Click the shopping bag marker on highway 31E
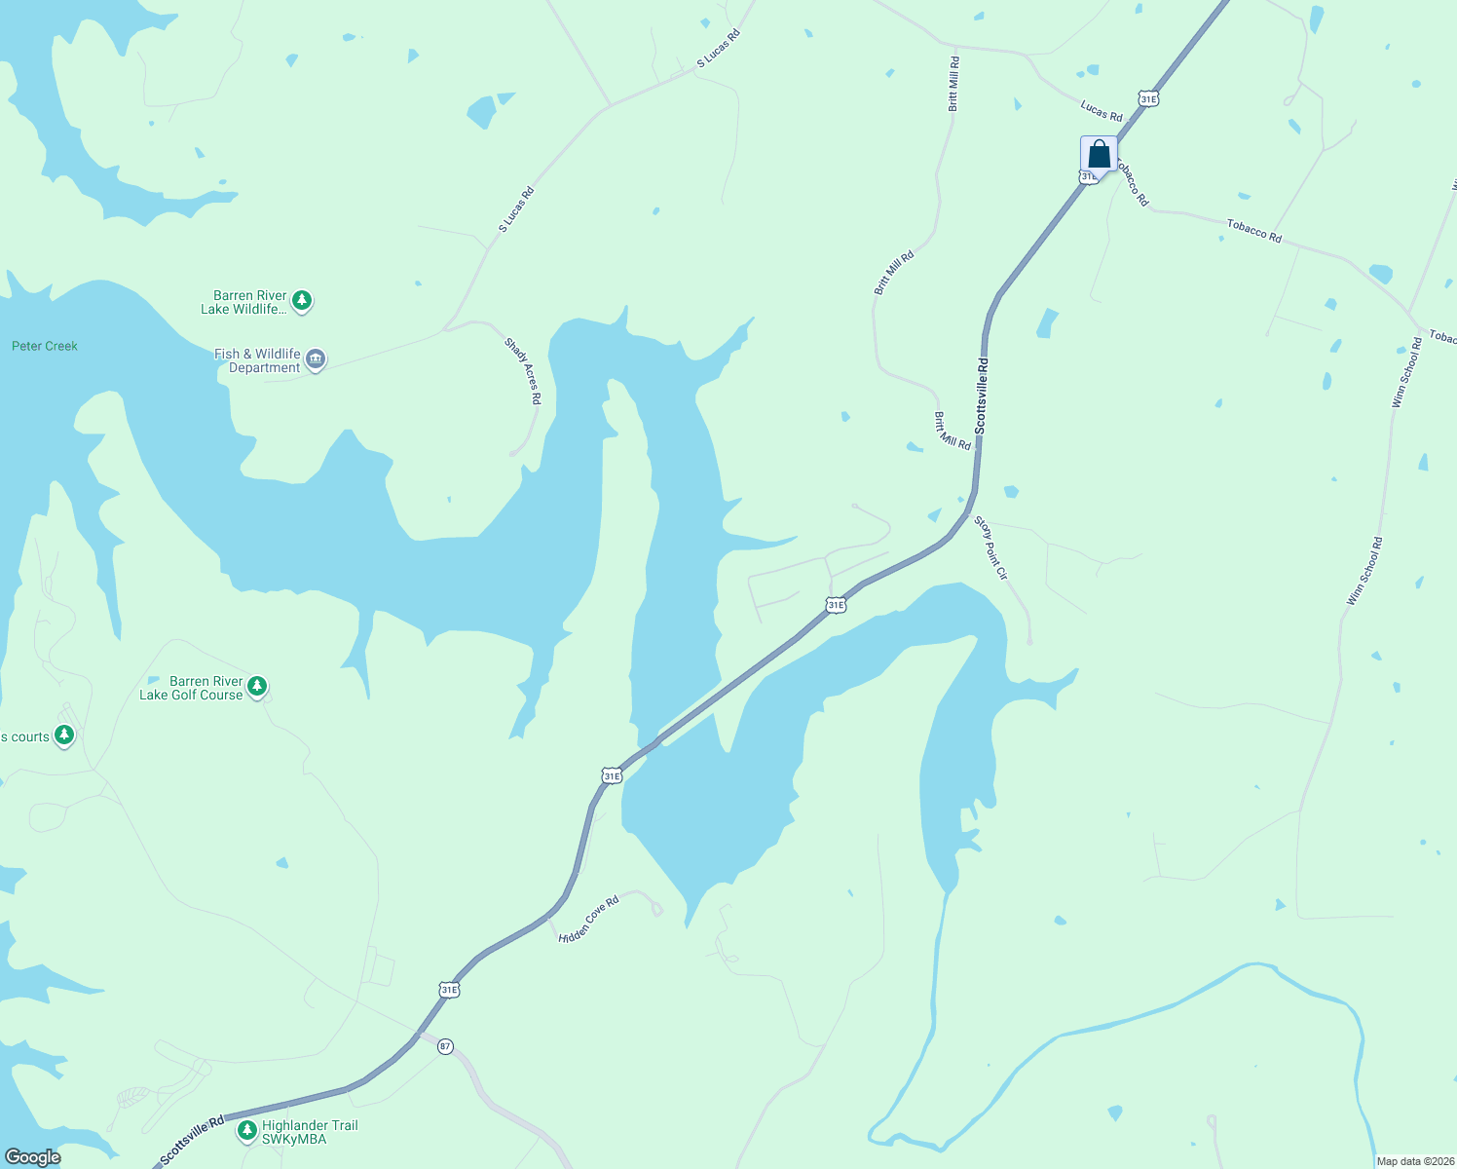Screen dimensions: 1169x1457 [x=1099, y=155]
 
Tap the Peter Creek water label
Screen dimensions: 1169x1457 [x=45, y=346]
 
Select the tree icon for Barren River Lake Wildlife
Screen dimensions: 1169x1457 [x=302, y=301]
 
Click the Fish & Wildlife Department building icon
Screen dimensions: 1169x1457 [x=316, y=359]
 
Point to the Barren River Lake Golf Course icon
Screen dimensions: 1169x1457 [x=257, y=687]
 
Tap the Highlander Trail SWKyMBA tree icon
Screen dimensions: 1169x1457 [x=247, y=1131]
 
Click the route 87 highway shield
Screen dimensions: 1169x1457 [x=445, y=1046]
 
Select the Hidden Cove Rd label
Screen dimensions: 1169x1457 [x=588, y=920]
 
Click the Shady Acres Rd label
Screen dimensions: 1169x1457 [x=522, y=371]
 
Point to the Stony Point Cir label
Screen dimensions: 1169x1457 [x=990, y=548]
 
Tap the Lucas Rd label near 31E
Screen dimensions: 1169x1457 [x=1101, y=110]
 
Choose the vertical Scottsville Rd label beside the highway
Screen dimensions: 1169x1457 [x=982, y=396]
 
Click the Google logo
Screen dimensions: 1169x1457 [x=32, y=1157]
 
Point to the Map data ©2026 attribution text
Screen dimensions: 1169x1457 [x=1415, y=1161]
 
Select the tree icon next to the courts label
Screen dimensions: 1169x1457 [x=64, y=735]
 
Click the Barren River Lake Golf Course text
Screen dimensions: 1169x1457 [x=191, y=688]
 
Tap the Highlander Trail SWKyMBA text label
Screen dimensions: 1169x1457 [x=309, y=1132]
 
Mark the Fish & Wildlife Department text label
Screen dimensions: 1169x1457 [x=257, y=360]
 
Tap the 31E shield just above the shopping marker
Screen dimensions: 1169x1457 [x=1148, y=98]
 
